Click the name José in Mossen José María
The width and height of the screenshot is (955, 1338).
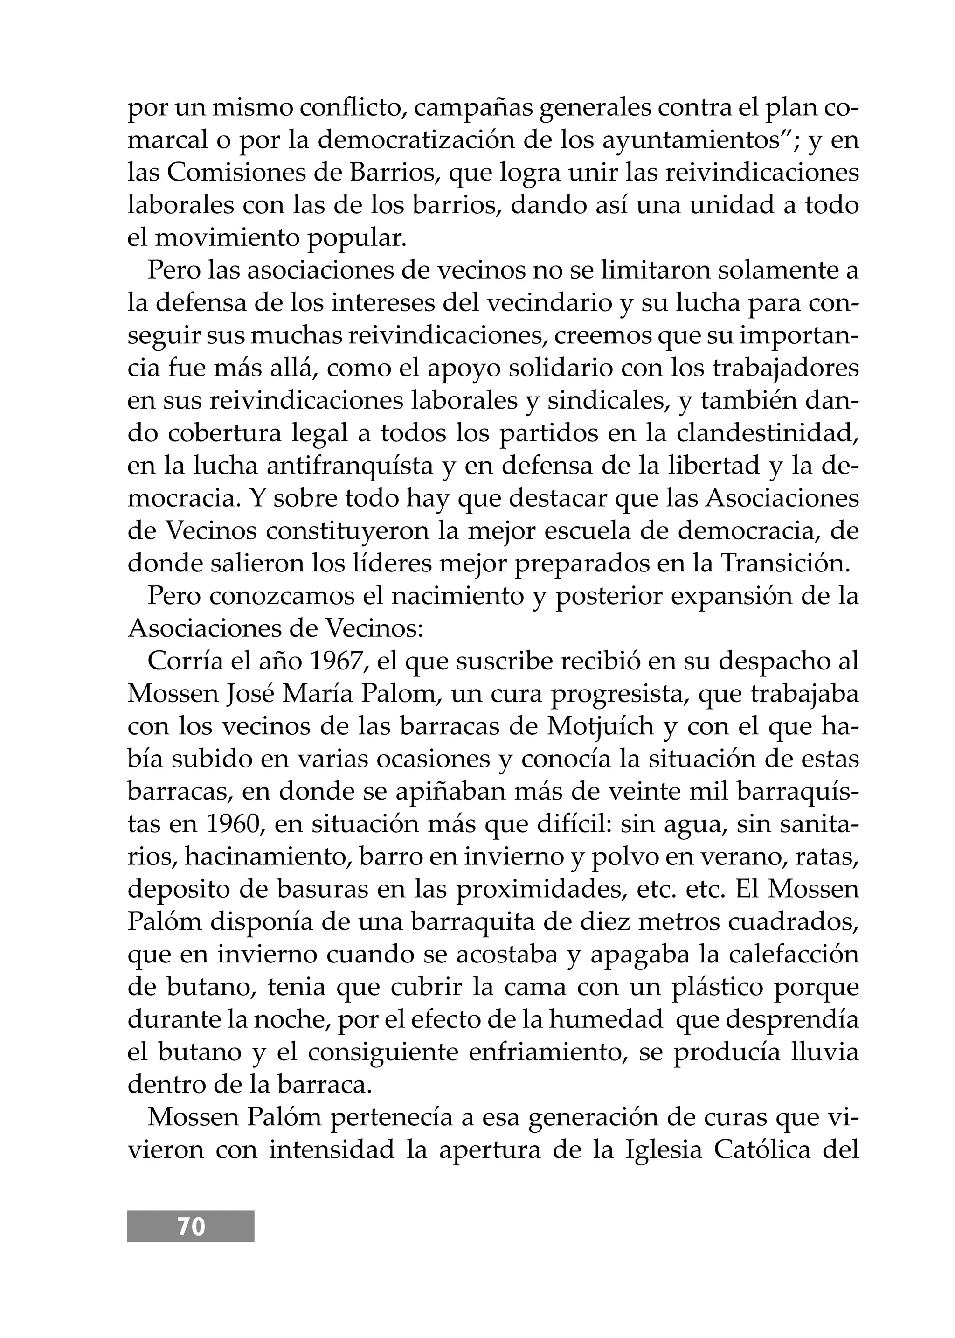(250, 694)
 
